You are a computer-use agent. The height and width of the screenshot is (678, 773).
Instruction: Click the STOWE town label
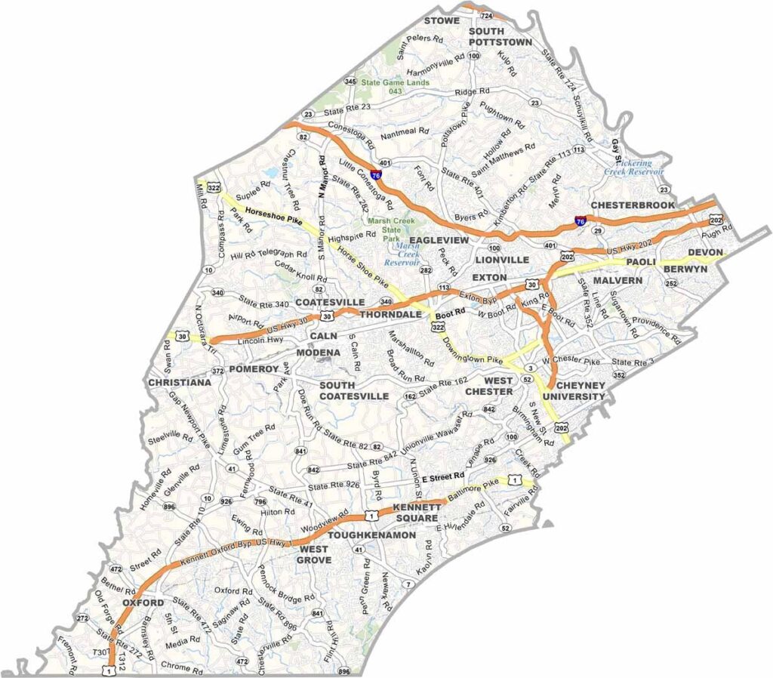click(x=442, y=20)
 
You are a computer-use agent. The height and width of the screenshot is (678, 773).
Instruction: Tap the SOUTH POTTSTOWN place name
click(x=500, y=36)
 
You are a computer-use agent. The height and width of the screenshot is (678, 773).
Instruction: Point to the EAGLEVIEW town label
click(x=439, y=239)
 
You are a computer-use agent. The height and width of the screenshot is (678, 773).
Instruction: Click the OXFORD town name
click(x=143, y=603)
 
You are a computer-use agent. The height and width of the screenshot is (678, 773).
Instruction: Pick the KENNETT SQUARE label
click(x=416, y=513)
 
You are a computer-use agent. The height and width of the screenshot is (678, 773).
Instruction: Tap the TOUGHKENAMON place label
click(x=373, y=535)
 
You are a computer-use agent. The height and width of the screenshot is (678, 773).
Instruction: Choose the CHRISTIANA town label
click(x=180, y=383)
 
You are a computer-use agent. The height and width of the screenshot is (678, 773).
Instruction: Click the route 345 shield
click(x=350, y=82)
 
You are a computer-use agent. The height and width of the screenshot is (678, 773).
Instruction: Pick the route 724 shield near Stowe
click(x=488, y=16)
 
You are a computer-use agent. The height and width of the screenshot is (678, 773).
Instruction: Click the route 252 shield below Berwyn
click(x=671, y=283)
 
